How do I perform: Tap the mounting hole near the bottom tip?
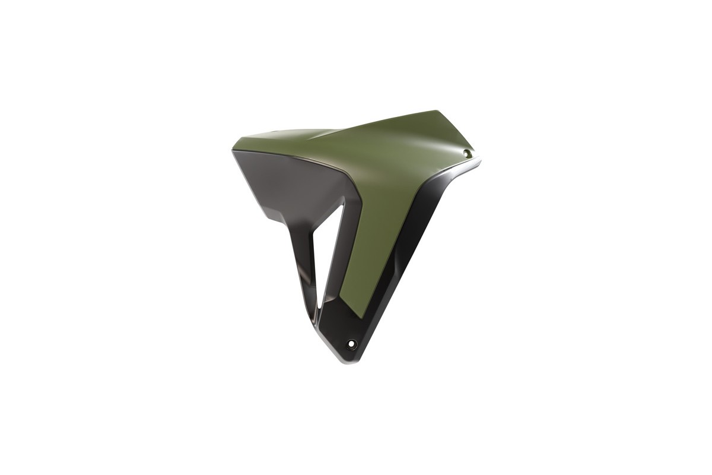(352, 343)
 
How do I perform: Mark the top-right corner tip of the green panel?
(439, 111)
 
